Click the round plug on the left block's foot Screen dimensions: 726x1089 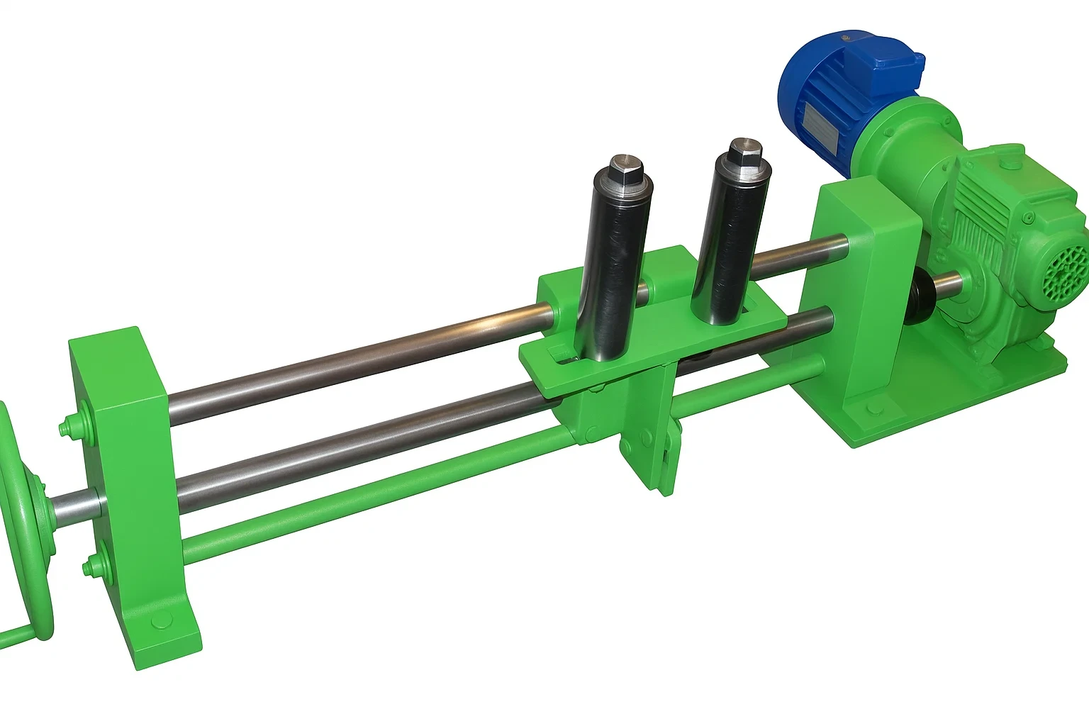157,624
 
